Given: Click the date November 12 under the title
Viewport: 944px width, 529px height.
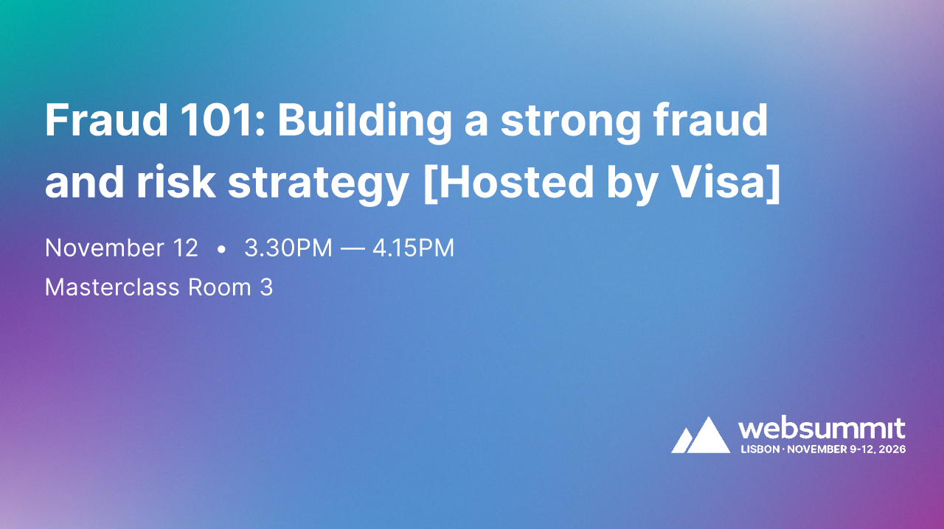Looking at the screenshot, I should pos(122,248).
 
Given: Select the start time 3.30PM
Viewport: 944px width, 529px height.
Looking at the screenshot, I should pos(288,248).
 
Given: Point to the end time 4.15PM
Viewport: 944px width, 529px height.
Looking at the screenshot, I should pos(414,248).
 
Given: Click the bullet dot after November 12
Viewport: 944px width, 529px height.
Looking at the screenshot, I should pos(221,250).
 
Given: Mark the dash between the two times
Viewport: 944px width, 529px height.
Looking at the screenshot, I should pos(353,249).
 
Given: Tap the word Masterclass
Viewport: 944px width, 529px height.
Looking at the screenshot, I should pos(111,287).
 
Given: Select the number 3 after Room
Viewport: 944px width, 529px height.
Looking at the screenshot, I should pos(266,287).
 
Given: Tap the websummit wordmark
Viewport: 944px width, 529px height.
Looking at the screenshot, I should pos(822,428).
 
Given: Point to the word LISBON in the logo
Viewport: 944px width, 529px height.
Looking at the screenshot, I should pos(760,449).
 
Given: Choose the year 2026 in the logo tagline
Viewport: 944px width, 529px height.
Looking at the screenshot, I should pos(892,449).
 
